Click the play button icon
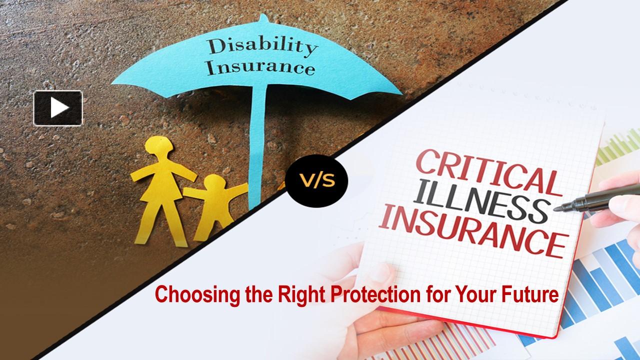(58, 107)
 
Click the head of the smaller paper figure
(213, 185)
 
